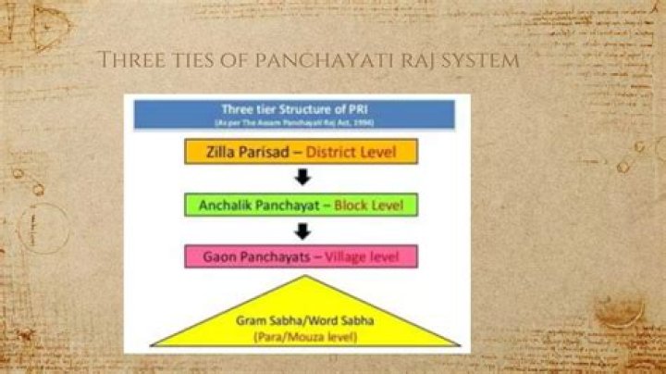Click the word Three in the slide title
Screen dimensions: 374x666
click(x=127, y=61)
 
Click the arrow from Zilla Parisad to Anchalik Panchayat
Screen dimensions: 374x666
click(x=297, y=178)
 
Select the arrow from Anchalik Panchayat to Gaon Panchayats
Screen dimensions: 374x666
click(x=297, y=231)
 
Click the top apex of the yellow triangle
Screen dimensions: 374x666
click(x=297, y=276)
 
